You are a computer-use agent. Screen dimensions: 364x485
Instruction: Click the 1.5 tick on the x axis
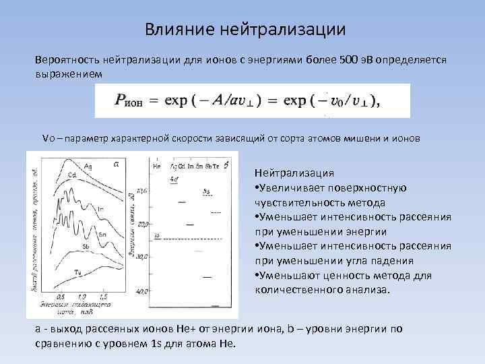[103, 296]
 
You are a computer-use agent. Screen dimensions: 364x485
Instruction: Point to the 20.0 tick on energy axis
[142, 223]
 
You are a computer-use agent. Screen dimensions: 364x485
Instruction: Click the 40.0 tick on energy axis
[142, 291]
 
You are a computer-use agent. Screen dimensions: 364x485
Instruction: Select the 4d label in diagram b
[174, 179]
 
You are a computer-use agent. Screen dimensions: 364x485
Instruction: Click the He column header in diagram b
[156, 166]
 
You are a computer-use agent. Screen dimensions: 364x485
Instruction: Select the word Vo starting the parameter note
[48, 138]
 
